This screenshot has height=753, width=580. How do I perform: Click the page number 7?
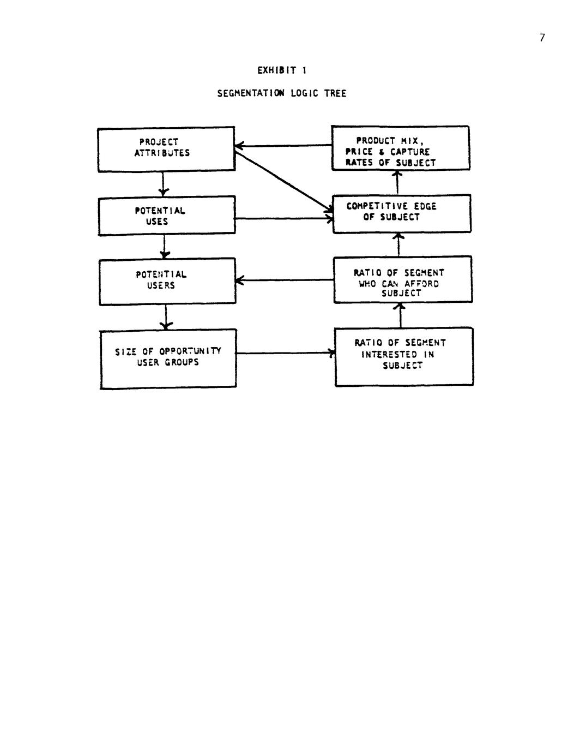[x=542, y=38]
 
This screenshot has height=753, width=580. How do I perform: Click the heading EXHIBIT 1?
[x=282, y=70]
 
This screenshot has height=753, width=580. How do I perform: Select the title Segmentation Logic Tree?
[x=281, y=93]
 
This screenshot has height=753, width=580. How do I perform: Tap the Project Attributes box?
[x=166, y=150]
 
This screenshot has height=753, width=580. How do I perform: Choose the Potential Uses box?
[x=166, y=216]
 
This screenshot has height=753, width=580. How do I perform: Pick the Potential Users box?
[x=167, y=281]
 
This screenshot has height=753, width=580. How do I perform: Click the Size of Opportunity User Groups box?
[x=168, y=358]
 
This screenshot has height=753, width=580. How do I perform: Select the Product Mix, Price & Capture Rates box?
[x=401, y=148]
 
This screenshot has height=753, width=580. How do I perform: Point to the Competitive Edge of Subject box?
[x=402, y=213]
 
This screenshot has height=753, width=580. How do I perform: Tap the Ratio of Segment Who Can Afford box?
[x=403, y=279]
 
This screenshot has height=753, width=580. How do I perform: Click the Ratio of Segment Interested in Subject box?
[x=404, y=357]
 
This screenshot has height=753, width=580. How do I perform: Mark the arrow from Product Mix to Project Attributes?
[x=283, y=146]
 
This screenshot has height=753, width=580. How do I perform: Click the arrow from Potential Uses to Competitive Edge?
[x=283, y=219]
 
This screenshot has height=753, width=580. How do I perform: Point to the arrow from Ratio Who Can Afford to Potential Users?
[x=285, y=280]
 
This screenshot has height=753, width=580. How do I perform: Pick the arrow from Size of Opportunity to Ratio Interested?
[x=285, y=353]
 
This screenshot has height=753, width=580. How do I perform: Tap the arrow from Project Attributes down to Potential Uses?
[x=163, y=183]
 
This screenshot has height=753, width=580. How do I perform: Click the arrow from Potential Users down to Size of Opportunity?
[x=166, y=316]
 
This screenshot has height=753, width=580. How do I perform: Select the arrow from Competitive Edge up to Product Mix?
[x=397, y=182]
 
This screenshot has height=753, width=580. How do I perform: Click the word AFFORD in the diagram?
[x=421, y=284]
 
